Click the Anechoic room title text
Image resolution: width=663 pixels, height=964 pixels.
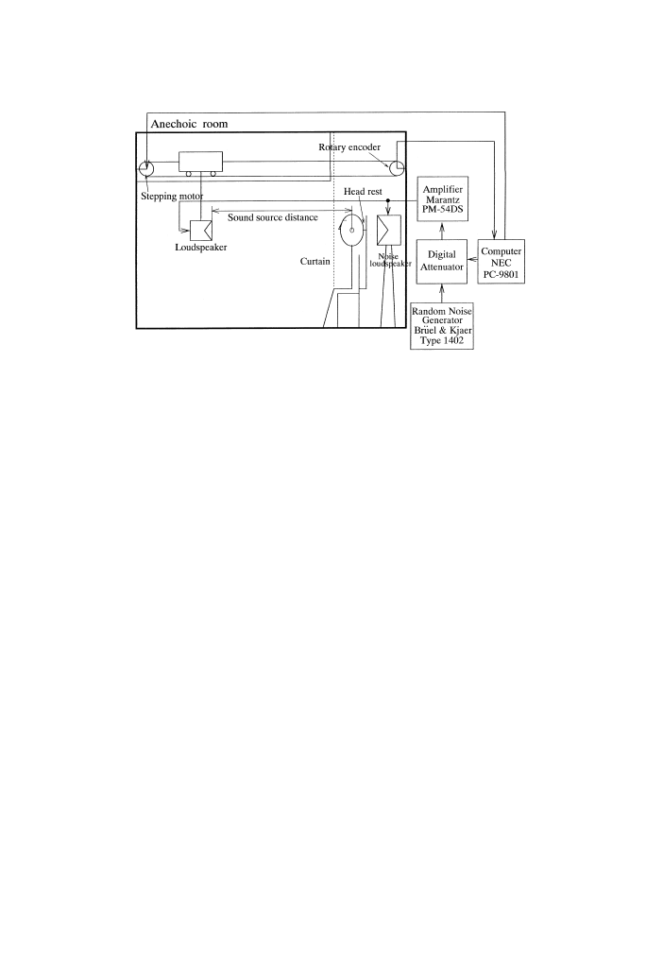pyautogui.click(x=190, y=123)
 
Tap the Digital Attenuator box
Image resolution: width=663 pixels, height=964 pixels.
pyautogui.click(x=443, y=262)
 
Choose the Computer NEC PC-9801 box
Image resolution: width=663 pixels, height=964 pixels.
pyautogui.click(x=501, y=262)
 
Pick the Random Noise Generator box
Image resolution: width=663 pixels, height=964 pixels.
pyautogui.click(x=442, y=327)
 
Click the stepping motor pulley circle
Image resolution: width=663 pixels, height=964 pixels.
pyautogui.click(x=147, y=168)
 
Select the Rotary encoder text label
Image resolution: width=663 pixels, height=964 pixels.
pyautogui.click(x=349, y=146)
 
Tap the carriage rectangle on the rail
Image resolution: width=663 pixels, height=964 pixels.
pyautogui.click(x=199, y=162)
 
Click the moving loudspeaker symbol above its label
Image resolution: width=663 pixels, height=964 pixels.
pyautogui.click(x=199, y=231)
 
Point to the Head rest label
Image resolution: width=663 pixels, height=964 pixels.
pyautogui.click(x=362, y=191)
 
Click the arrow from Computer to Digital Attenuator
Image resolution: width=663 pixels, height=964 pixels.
pyautogui.click(x=474, y=262)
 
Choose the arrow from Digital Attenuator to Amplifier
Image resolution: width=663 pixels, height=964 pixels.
pyautogui.click(x=443, y=232)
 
